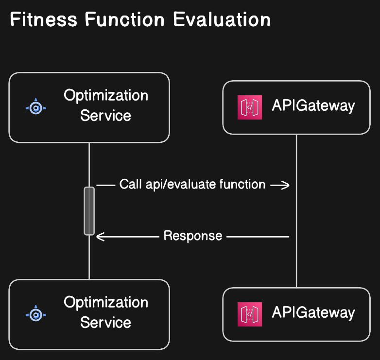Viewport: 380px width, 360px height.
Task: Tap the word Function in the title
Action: coord(124,20)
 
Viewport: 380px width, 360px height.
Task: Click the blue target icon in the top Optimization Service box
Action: coord(35,107)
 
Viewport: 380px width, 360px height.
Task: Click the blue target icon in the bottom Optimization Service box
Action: coord(35,314)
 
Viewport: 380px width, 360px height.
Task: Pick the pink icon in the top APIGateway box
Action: coord(250,107)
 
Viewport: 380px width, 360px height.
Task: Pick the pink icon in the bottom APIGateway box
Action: coord(250,314)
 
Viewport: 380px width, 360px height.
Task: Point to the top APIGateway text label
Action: coord(313,105)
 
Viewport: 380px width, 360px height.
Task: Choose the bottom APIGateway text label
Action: coord(313,312)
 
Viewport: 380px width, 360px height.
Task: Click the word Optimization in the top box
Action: coord(106,95)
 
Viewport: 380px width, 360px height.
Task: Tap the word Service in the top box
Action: coord(105,116)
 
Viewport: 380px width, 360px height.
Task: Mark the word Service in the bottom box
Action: coord(105,323)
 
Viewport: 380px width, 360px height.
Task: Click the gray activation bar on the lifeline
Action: coord(89,211)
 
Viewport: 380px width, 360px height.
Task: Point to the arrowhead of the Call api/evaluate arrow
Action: coord(286,185)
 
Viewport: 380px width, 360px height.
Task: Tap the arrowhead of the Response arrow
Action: coord(100,237)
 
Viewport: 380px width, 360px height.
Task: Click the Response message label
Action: coord(193,236)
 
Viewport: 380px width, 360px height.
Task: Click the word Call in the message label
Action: coord(131,185)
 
